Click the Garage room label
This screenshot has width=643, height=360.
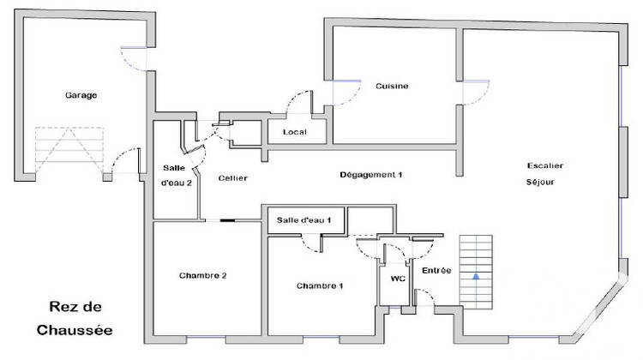click(81, 95)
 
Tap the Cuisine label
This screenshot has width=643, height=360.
click(392, 86)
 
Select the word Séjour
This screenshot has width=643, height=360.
click(541, 183)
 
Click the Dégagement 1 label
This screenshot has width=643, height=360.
click(371, 175)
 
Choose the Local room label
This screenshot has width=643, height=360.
click(295, 131)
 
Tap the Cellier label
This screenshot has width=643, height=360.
click(233, 178)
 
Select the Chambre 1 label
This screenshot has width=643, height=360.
click(320, 285)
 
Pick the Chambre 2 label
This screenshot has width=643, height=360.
click(203, 275)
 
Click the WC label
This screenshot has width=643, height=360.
click(397, 279)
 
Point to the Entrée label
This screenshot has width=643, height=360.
click(436, 271)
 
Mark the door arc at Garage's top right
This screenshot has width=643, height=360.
click(135, 60)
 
